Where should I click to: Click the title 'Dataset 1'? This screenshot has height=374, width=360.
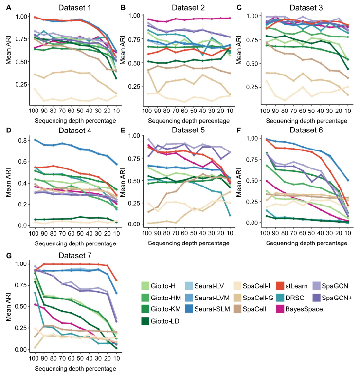[x=74, y=8]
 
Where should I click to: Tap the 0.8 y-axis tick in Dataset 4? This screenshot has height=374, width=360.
[x=21, y=140]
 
